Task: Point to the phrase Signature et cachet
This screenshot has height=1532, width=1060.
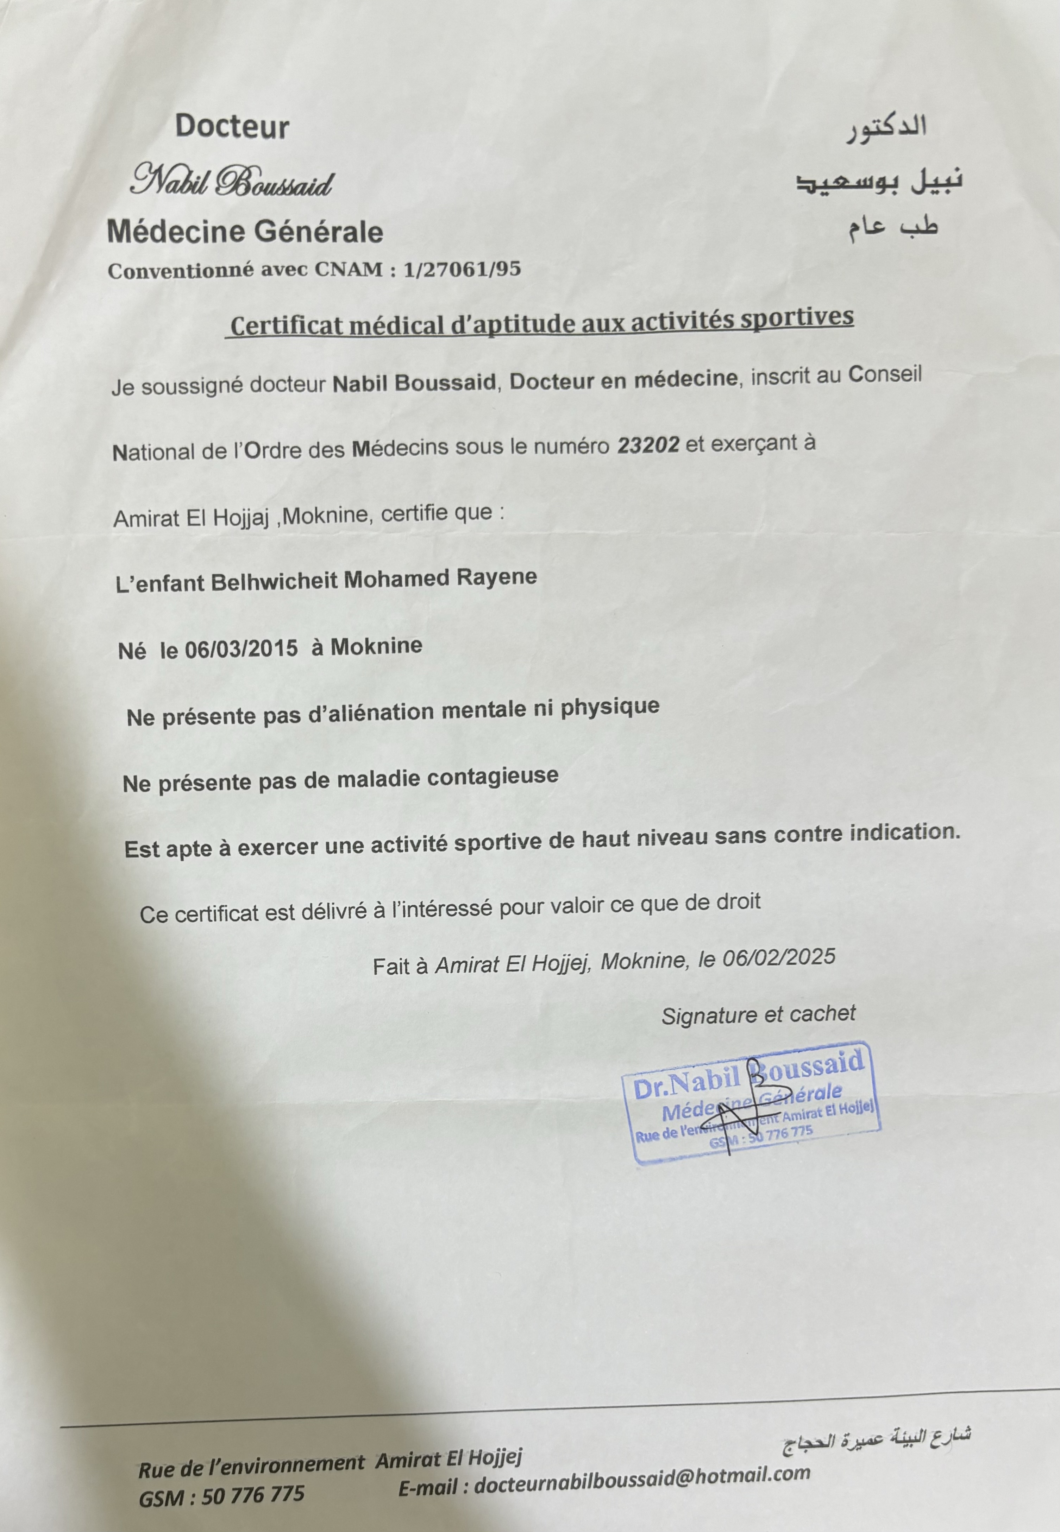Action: [x=758, y=1014]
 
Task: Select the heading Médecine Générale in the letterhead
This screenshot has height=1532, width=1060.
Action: [x=245, y=232]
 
